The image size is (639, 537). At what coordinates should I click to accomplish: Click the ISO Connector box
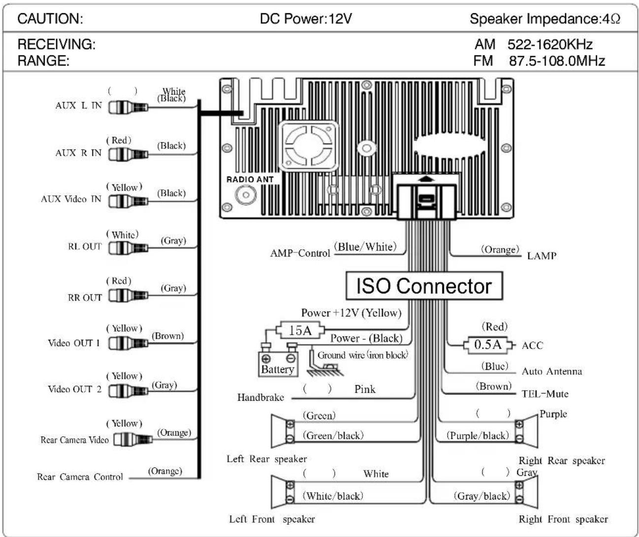(x=424, y=286)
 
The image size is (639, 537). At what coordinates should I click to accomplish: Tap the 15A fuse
(x=300, y=330)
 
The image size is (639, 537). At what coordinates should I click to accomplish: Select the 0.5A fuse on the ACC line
(x=488, y=345)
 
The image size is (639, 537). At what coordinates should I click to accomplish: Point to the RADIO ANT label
(x=250, y=179)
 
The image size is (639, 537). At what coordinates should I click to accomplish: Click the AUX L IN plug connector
(x=128, y=107)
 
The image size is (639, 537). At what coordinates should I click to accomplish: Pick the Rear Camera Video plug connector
(x=133, y=439)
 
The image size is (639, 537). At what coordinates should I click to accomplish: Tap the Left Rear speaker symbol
(x=283, y=430)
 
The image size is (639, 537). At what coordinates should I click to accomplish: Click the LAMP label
(x=542, y=256)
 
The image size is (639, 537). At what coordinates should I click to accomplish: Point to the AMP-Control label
(x=300, y=253)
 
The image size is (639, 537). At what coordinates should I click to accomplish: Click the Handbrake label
(x=260, y=397)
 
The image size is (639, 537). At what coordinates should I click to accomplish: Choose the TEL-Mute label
(x=545, y=394)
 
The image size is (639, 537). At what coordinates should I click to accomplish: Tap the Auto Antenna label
(x=552, y=371)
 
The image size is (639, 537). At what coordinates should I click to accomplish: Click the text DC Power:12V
(x=306, y=19)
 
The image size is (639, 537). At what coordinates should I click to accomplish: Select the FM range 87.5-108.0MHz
(x=557, y=61)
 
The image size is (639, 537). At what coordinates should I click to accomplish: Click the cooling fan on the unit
(x=309, y=146)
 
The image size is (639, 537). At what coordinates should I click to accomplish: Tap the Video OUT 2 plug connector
(x=128, y=391)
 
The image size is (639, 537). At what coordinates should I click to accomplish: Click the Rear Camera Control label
(x=80, y=477)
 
